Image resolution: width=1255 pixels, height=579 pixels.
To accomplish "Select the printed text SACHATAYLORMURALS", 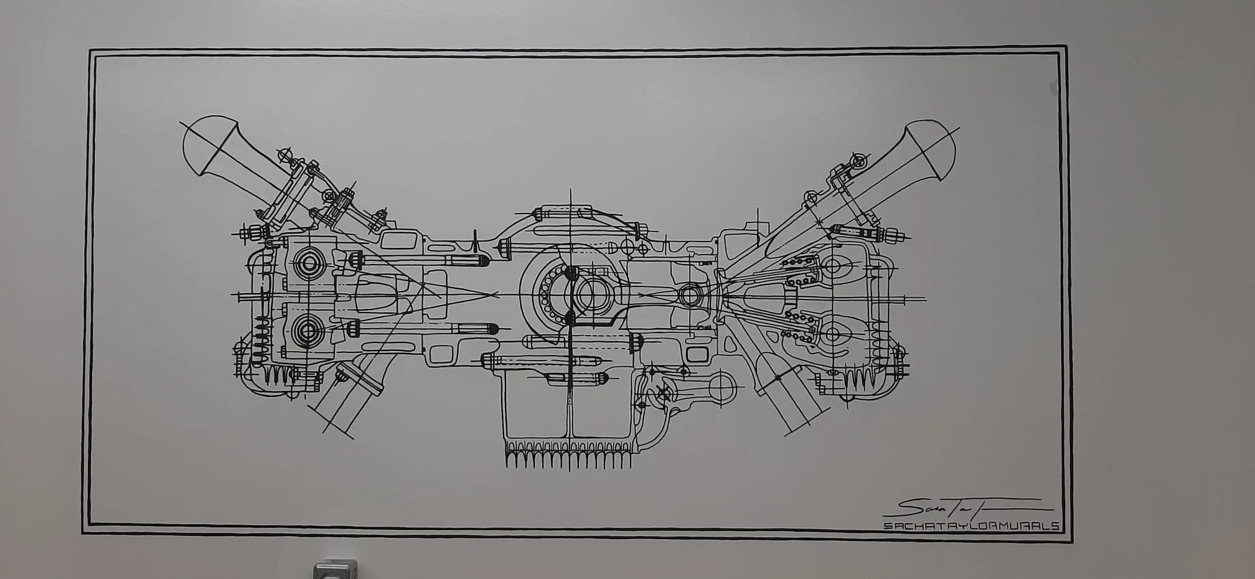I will tap(971, 526).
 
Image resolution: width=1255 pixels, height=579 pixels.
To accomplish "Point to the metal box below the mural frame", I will tap(335, 570).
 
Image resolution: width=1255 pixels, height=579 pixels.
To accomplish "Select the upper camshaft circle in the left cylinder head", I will tap(309, 263).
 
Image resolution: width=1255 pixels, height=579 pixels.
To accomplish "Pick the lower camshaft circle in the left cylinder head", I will tap(308, 331).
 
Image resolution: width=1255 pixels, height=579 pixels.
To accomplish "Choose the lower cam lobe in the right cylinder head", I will tap(833, 335).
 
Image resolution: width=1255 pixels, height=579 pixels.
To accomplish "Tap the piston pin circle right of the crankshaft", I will tap(690, 294).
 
